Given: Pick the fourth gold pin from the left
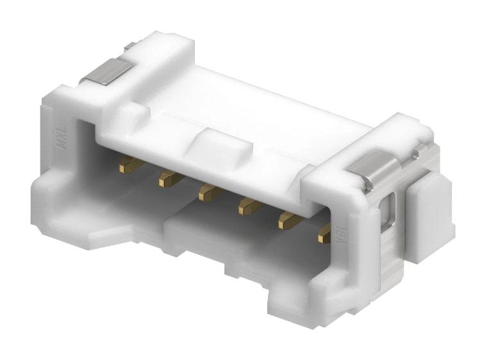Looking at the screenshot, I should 249,206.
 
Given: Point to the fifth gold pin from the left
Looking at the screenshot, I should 288,220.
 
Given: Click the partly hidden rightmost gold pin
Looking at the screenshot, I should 324,233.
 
